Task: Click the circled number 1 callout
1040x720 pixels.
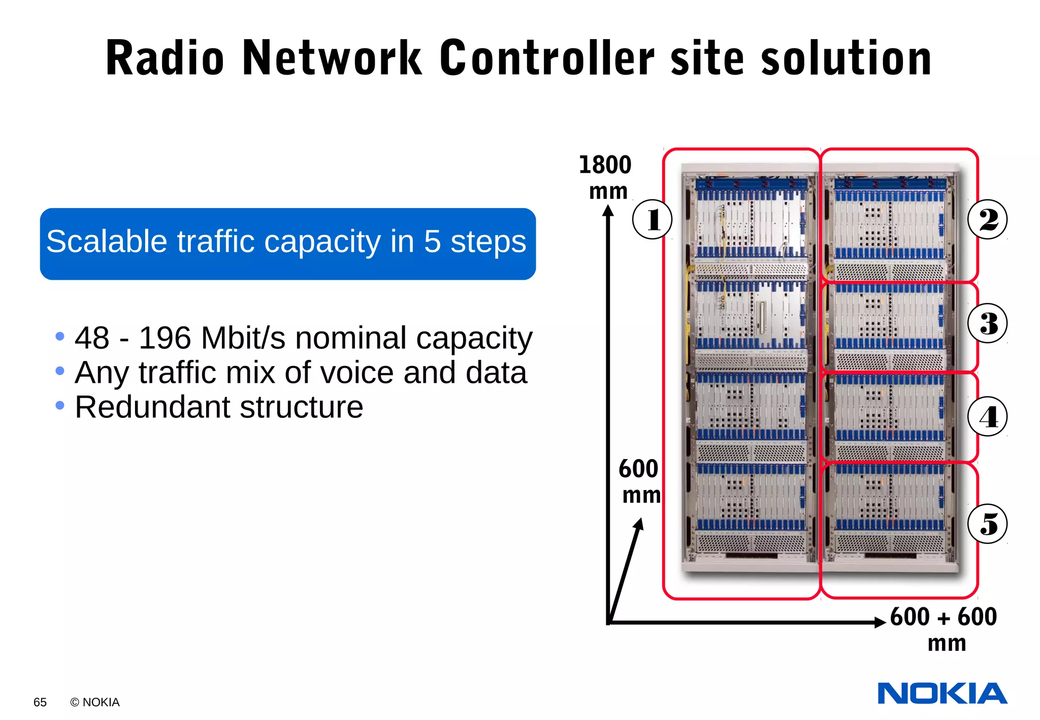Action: click(x=653, y=219)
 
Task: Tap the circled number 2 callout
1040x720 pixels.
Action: click(x=987, y=219)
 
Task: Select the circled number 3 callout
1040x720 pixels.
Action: click(x=987, y=323)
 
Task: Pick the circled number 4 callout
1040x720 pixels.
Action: click(x=987, y=416)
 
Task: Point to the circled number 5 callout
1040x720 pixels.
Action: click(x=987, y=523)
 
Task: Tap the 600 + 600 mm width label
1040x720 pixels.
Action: click(x=944, y=629)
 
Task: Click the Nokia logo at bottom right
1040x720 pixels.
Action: click(x=942, y=694)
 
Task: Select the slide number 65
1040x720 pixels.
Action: click(x=40, y=702)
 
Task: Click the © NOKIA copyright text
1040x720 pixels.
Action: click(x=95, y=702)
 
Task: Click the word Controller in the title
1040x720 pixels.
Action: click(x=547, y=58)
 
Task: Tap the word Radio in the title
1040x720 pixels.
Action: click(x=165, y=58)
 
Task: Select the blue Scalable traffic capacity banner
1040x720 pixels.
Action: click(x=287, y=244)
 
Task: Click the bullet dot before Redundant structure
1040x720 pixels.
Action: click(x=60, y=405)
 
